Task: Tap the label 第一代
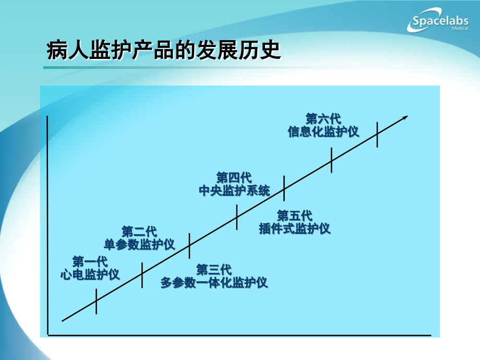[x=90, y=261]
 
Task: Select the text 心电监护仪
[x=90, y=274]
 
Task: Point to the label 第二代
[x=139, y=231]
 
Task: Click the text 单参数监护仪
[x=139, y=244]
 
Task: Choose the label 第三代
[x=214, y=270]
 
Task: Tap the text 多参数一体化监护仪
[x=214, y=283]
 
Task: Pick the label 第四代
[x=234, y=177]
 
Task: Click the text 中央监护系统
[x=234, y=190]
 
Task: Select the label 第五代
[x=295, y=215]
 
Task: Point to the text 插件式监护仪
[x=295, y=229]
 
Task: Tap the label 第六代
[x=323, y=118]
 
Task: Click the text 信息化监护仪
[x=323, y=131]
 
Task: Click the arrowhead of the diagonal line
[x=405, y=118]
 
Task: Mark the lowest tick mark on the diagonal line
[x=97, y=301]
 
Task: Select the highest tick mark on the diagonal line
[x=377, y=134]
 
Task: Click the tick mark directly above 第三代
[x=189, y=246]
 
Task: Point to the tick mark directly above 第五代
[x=284, y=188]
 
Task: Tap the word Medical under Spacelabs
[x=458, y=29]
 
